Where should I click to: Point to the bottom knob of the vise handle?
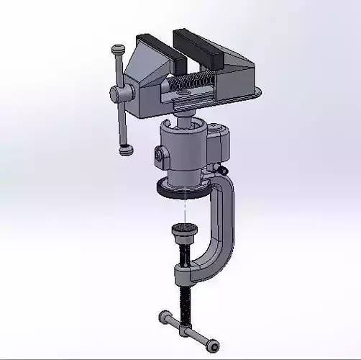coord(127,150)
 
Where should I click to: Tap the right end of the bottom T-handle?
coord(212,346)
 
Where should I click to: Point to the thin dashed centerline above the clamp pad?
coord(186,209)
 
